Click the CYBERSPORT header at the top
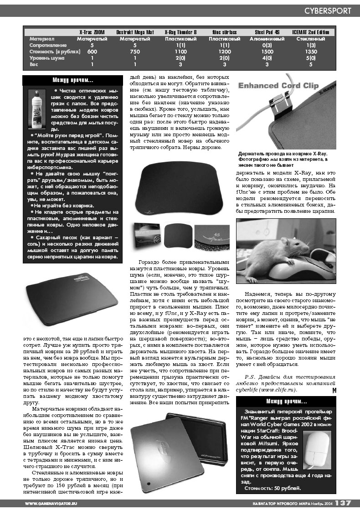[328, 10]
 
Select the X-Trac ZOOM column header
[92, 32]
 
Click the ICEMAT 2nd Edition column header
[311, 32]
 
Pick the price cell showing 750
[135, 52]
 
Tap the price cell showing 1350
[311, 52]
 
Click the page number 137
[343, 503]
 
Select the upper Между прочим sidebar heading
[73, 81]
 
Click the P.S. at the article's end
[250, 377]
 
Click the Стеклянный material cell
[311, 39]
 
